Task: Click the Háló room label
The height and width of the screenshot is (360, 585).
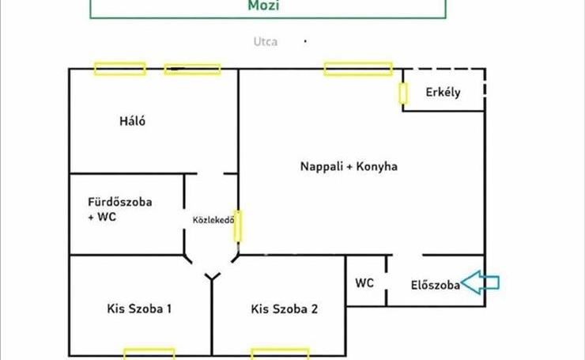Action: [133, 122]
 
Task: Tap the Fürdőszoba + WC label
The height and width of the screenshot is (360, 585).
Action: [120, 210]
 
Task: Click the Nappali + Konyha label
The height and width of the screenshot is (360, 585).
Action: [349, 167]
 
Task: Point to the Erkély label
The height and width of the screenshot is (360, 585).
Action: [443, 93]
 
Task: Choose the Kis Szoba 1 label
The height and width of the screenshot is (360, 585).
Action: [139, 309]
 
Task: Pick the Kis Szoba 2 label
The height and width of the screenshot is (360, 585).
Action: [284, 309]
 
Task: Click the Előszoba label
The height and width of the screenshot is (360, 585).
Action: [436, 286]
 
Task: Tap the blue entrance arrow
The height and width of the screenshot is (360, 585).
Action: [481, 282]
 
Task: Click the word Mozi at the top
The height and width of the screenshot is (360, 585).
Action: [268, 6]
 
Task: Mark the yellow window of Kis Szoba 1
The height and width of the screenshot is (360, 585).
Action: [149, 353]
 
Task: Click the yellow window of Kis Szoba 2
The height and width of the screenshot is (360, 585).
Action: [280, 353]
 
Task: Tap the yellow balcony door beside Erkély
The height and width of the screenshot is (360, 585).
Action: [403, 93]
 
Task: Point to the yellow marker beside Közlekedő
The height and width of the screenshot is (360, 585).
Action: [237, 225]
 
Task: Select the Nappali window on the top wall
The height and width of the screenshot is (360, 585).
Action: [358, 69]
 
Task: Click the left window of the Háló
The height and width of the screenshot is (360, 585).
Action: [119, 69]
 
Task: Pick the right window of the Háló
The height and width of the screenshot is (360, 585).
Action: [192, 69]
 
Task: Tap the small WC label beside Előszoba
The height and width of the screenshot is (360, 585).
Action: [364, 283]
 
